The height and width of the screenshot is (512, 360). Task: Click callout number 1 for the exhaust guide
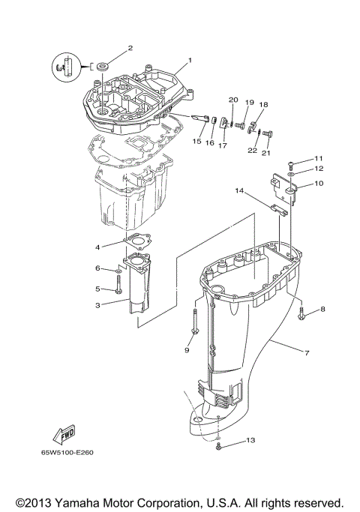(x=190, y=60)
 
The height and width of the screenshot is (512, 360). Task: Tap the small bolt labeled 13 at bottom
(x=218, y=446)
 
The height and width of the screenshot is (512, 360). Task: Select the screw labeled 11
(x=291, y=163)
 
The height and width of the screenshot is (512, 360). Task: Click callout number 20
(x=232, y=100)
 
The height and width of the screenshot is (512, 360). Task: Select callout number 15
(x=196, y=141)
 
